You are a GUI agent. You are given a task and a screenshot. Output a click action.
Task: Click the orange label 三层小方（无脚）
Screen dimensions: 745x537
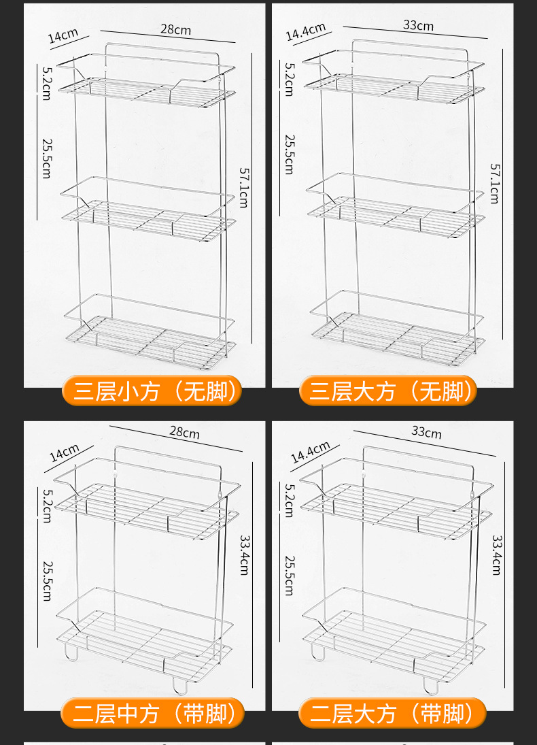click(152, 391)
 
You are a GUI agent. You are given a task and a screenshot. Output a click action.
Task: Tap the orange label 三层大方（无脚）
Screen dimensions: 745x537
click(388, 391)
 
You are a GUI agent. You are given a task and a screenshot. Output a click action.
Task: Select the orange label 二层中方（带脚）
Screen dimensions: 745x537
click(152, 713)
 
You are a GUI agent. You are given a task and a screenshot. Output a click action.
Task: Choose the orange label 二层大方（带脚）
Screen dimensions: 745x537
click(392, 713)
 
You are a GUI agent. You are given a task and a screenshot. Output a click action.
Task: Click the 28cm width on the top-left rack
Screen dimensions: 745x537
click(175, 30)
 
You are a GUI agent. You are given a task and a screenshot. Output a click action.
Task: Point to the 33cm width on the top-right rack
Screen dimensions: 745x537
click(418, 26)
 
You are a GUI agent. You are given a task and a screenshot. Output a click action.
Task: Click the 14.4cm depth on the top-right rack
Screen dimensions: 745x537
click(305, 32)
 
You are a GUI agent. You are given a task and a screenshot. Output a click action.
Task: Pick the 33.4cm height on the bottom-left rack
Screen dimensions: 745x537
click(244, 554)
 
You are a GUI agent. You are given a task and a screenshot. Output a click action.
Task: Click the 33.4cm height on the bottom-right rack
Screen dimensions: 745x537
click(497, 554)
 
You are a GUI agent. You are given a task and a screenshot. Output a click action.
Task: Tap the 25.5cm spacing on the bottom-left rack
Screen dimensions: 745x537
click(46, 580)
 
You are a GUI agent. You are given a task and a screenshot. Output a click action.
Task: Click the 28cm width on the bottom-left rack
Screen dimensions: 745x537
click(184, 432)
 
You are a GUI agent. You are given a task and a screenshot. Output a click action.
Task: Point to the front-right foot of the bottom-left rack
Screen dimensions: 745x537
click(178, 684)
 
